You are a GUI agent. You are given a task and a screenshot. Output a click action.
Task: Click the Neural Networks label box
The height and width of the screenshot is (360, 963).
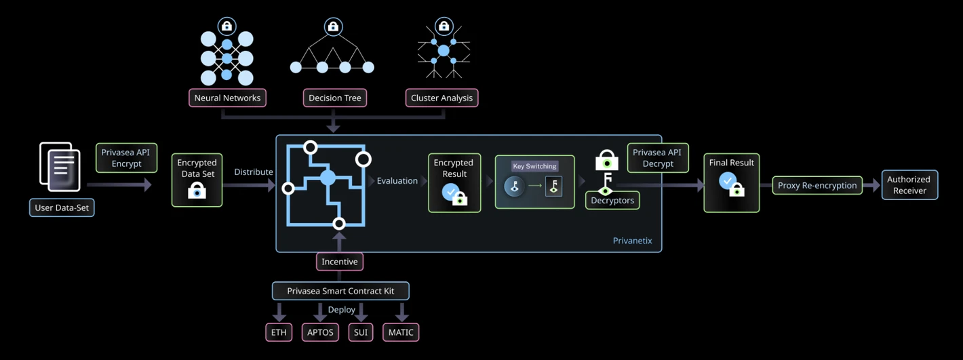point(227,98)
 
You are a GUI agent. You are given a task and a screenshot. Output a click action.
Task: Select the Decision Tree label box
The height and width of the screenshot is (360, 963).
point(334,98)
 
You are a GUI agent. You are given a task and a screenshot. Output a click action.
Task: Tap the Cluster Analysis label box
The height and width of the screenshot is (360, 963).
point(441,98)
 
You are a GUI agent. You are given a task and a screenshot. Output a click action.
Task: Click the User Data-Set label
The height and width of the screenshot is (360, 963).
point(62,207)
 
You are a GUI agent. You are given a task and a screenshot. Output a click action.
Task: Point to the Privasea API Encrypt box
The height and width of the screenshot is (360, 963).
point(127,158)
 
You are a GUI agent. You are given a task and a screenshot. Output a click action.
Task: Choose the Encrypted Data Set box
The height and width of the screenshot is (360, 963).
point(197,180)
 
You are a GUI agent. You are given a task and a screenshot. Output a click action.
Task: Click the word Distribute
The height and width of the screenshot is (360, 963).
point(254,172)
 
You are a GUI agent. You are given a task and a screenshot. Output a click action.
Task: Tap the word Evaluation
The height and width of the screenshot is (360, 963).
point(397,181)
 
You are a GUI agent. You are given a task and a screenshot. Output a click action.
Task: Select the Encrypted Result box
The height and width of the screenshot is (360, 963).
point(454,183)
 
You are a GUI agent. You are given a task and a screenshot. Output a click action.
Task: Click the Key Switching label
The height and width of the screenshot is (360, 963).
point(535,166)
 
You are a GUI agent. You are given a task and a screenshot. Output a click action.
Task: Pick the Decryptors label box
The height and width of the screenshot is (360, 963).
point(612,201)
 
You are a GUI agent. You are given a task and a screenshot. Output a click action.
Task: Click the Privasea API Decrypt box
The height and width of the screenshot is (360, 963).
point(658,158)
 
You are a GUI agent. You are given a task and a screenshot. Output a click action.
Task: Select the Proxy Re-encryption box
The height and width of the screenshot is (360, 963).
point(817,185)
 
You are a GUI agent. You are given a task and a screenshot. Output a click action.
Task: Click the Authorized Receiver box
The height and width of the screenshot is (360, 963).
point(909,184)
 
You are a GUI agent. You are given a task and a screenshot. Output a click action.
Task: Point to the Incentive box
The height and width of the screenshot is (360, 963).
point(340,262)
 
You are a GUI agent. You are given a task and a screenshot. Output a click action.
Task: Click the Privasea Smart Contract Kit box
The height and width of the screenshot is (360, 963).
point(340,292)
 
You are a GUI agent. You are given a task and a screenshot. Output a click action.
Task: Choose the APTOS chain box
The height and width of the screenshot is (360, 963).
point(320,332)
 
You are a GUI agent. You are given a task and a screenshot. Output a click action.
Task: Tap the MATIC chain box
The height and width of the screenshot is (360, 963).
point(401,332)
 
